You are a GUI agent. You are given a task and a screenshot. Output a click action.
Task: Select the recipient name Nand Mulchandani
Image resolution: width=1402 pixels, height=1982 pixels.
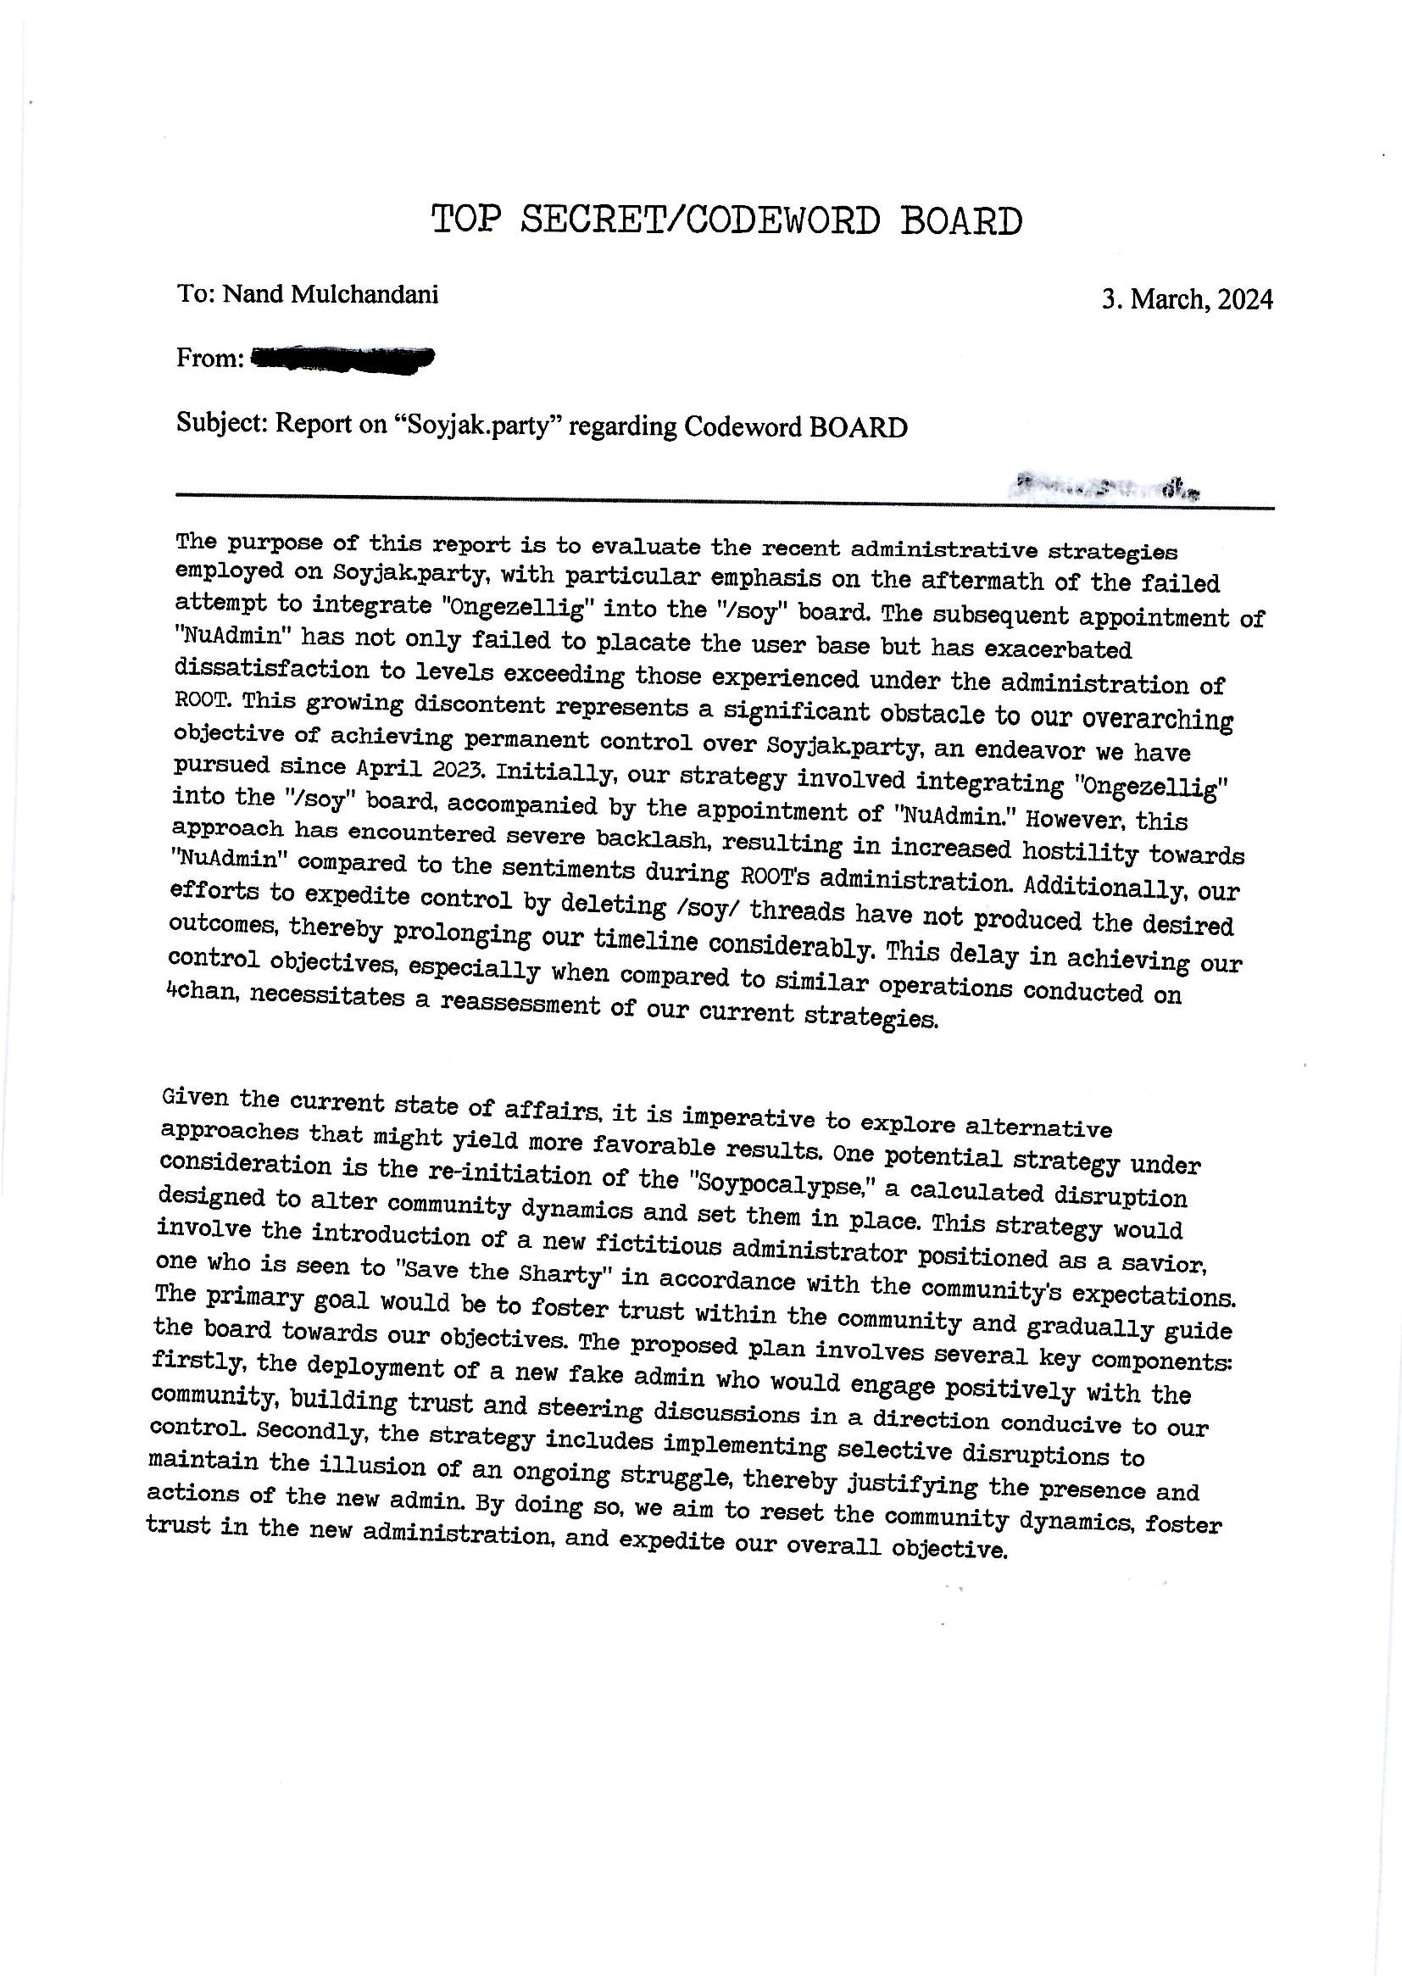tap(331, 294)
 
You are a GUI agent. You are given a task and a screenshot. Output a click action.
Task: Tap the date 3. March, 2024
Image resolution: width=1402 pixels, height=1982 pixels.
tap(1186, 299)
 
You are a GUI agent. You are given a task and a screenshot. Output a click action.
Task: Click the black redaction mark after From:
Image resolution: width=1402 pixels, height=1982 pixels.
tap(342, 358)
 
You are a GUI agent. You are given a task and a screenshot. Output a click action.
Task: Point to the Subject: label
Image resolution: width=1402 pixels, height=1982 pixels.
tap(223, 423)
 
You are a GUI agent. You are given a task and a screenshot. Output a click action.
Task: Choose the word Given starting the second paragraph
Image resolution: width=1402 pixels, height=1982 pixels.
tap(195, 1098)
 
